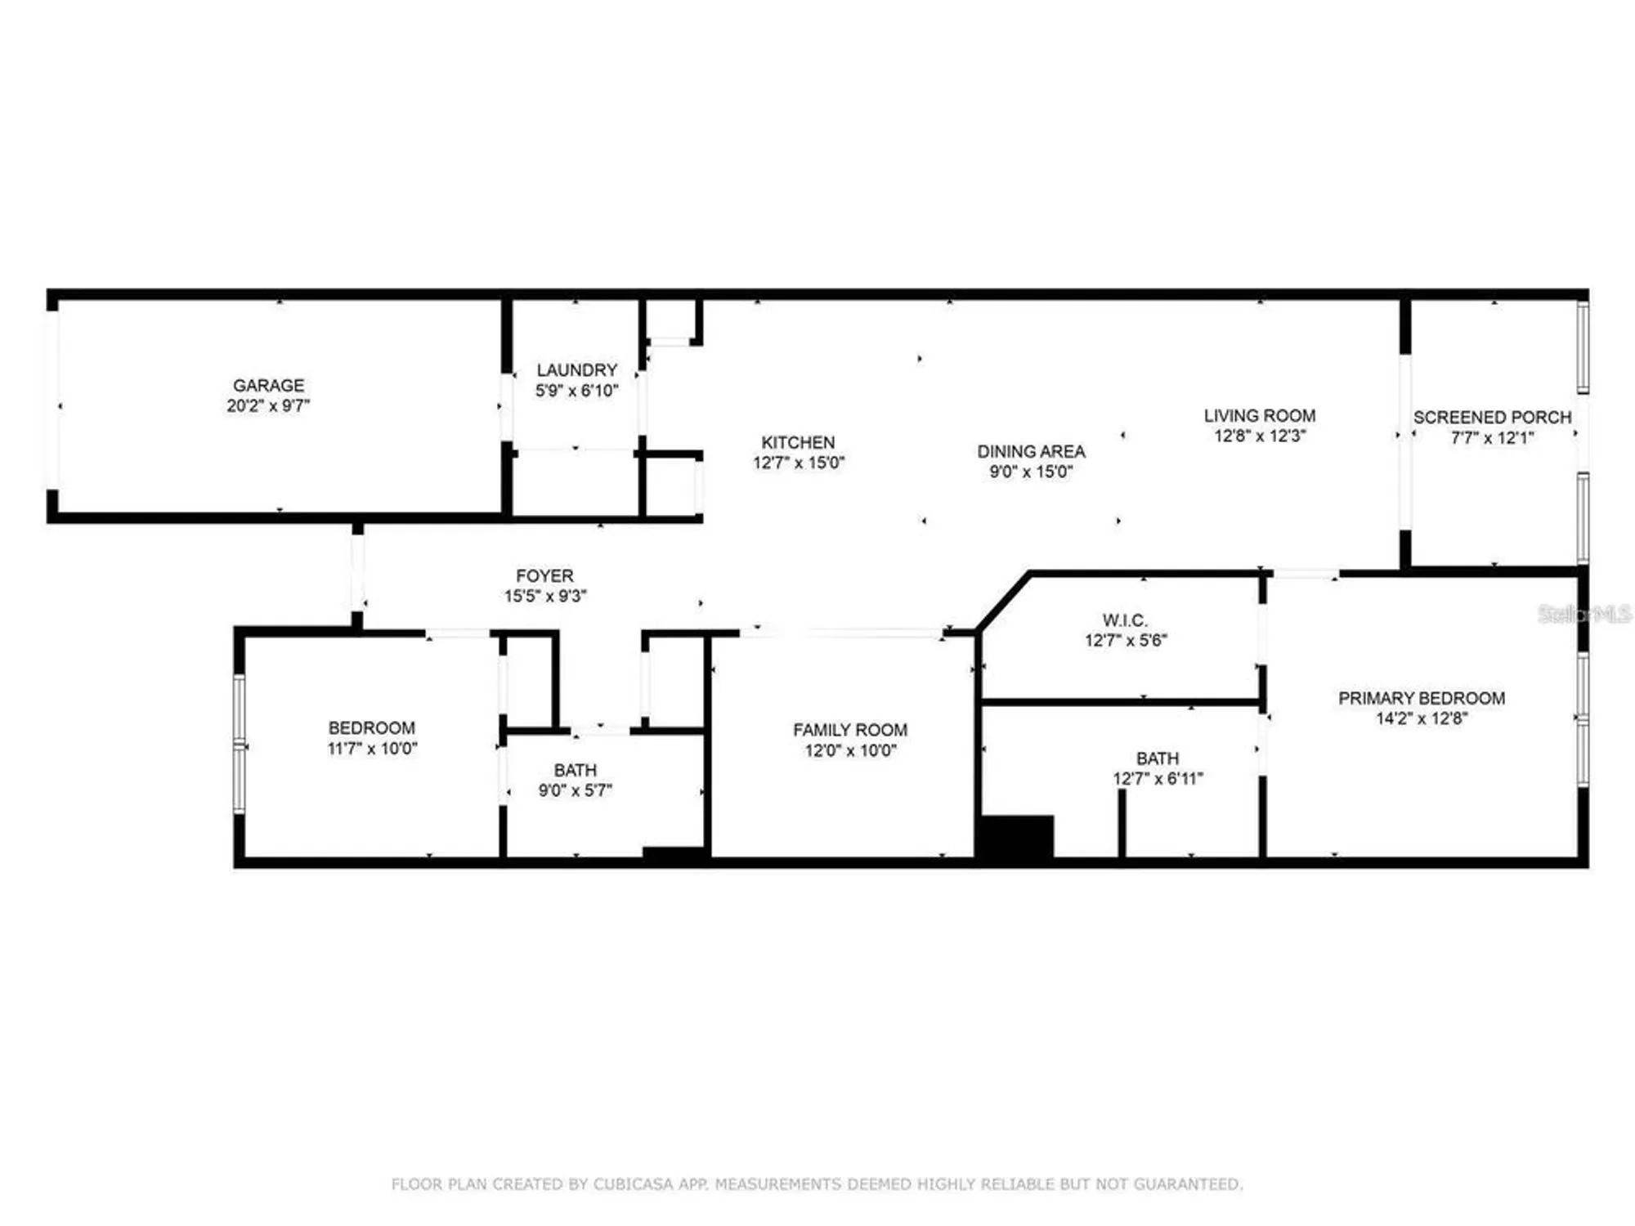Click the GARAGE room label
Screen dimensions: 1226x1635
[x=268, y=385]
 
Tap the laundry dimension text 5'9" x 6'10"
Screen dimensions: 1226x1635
[x=576, y=392]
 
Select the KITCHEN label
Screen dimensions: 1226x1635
[x=798, y=442]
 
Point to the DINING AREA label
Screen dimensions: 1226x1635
[x=1031, y=451]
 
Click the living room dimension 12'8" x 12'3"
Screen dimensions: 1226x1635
[x=1260, y=436]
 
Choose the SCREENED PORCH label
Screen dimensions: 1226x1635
[x=1492, y=417]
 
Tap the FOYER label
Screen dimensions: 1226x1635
[x=544, y=575]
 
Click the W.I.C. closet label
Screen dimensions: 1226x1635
[x=1125, y=620]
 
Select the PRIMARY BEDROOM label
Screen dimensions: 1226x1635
[x=1421, y=698]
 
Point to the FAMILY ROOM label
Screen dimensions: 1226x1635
[x=849, y=730]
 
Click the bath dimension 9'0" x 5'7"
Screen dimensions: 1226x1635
[x=575, y=790]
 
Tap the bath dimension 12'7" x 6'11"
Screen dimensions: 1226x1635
[x=1157, y=779]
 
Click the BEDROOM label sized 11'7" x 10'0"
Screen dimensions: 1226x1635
[x=371, y=727]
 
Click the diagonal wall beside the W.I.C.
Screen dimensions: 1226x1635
[x=1003, y=602]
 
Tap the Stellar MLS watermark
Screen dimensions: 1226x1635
[x=1583, y=614]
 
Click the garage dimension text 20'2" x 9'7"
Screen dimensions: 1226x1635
[x=268, y=406]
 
